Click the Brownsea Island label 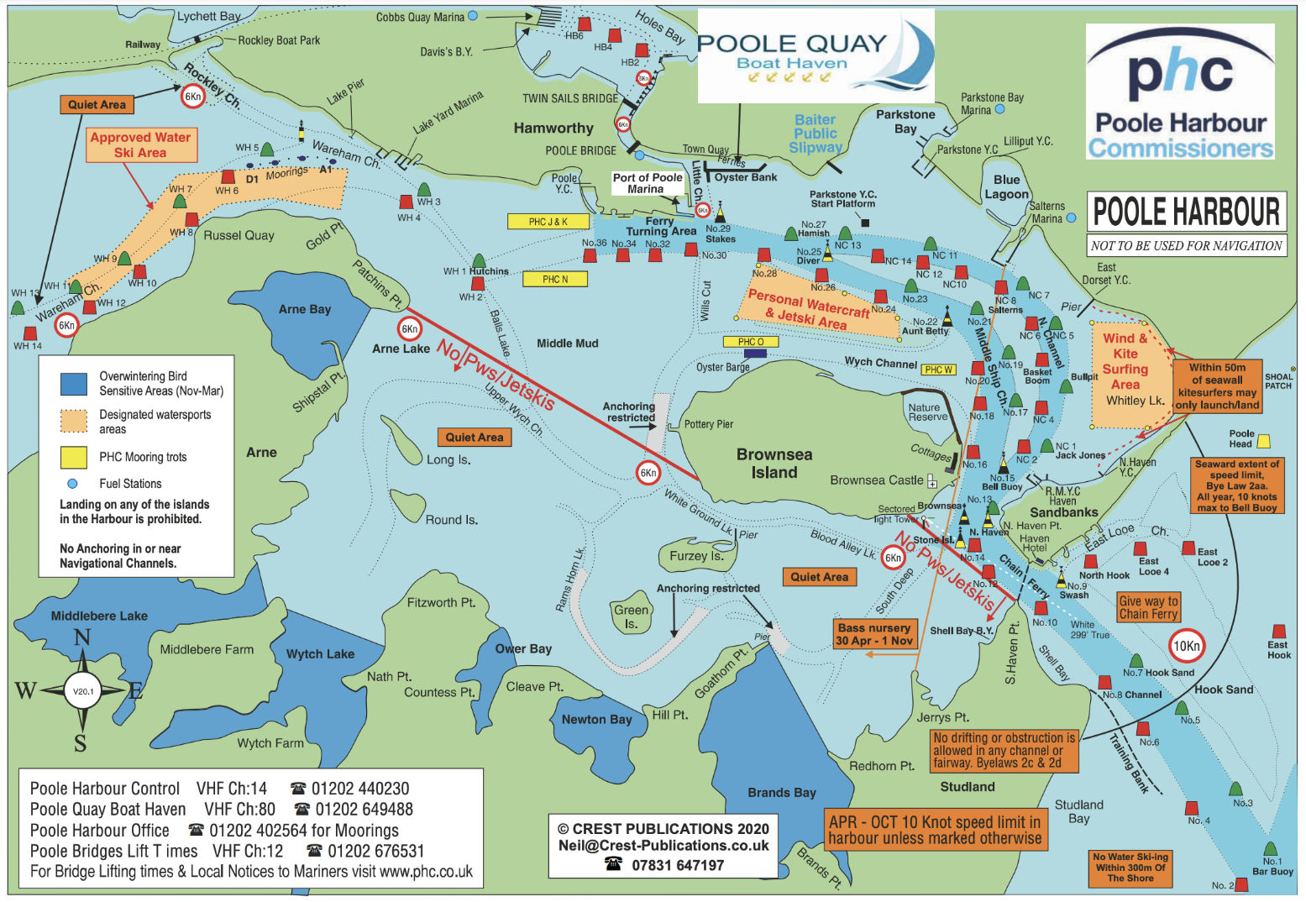click(774, 464)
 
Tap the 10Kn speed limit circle click(1186, 646)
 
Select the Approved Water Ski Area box click(141, 144)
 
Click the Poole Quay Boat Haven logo click(815, 55)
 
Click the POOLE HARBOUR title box click(1186, 212)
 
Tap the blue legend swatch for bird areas click(74, 384)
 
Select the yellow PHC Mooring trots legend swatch click(74, 457)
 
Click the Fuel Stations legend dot click(72, 484)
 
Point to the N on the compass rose click(81, 637)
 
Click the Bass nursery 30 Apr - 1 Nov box click(874, 634)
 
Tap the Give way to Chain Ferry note click(1148, 607)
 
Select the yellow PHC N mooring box click(555, 279)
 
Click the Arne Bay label click(305, 309)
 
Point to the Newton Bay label click(596, 719)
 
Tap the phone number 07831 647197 click(677, 865)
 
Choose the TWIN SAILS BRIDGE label click(570, 98)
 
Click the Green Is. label click(631, 616)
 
